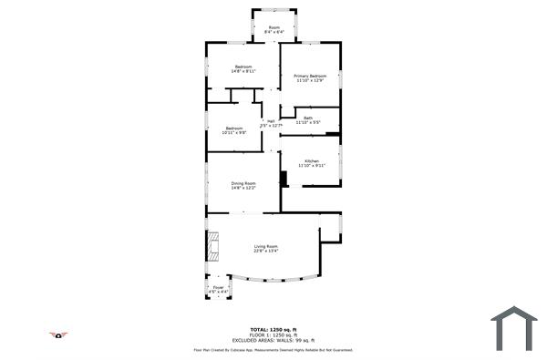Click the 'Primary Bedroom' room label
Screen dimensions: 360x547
[310, 76]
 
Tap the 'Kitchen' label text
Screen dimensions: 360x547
[312, 160]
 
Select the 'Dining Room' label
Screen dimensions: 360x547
[243, 183]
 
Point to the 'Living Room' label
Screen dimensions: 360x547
[265, 246]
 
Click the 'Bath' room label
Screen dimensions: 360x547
[308, 117]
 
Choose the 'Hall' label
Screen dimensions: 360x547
[270, 121]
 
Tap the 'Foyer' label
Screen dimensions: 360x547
[218, 287]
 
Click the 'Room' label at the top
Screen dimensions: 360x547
[273, 27]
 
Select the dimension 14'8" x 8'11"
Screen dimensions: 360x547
[243, 71]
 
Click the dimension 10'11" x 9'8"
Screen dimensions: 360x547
[235, 132]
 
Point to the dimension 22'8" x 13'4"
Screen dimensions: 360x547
[265, 252]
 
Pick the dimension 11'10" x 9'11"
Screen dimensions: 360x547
[312, 166]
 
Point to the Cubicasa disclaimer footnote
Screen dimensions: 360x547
[273, 349]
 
